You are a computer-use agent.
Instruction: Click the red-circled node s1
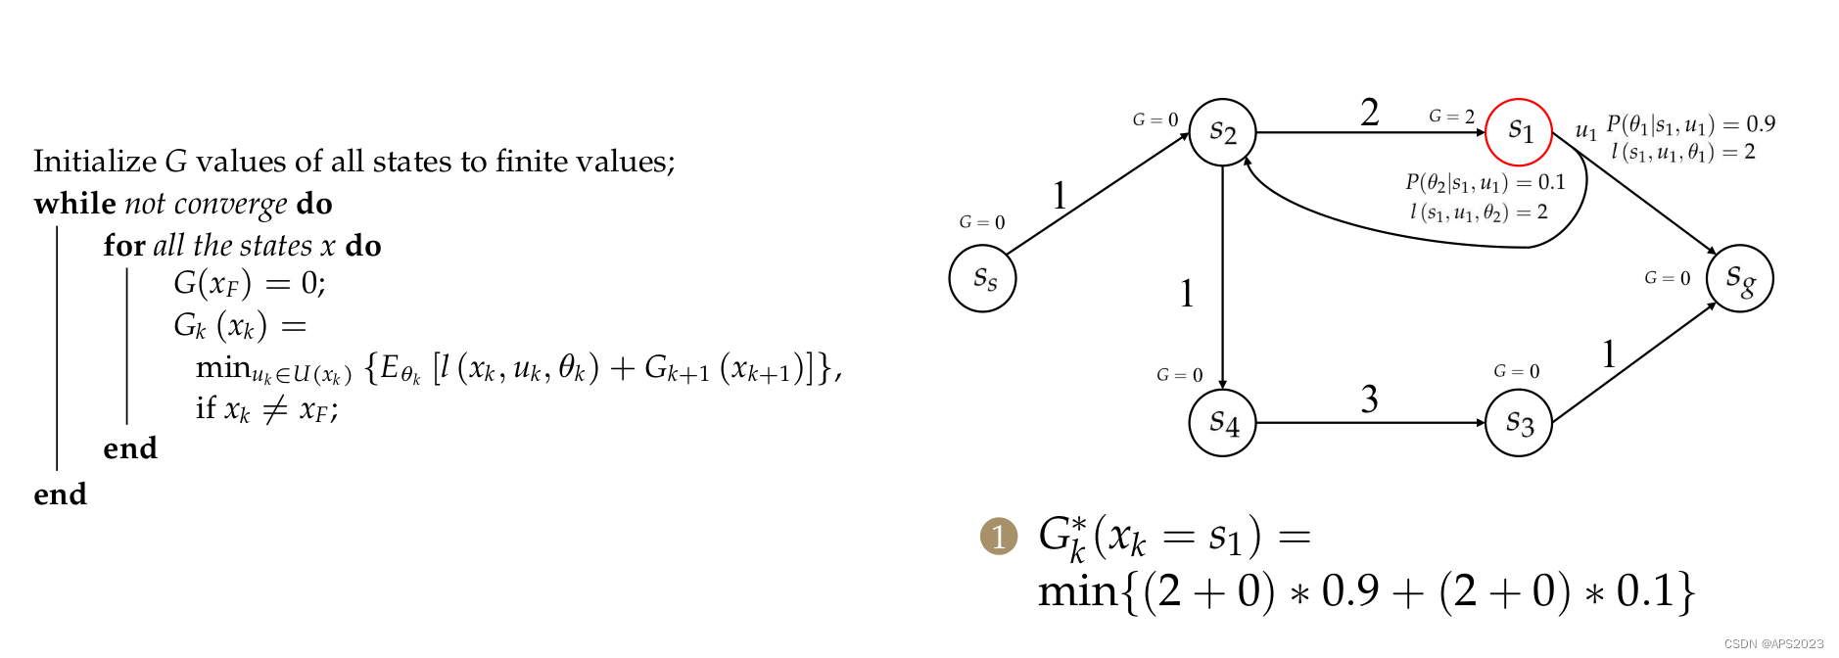tap(1518, 132)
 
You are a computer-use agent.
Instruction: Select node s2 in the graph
tap(1222, 132)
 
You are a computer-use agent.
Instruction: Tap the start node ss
tap(982, 279)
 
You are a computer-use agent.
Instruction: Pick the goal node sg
tap(1739, 279)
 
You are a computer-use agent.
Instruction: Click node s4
tap(1222, 423)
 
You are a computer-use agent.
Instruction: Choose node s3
tap(1518, 423)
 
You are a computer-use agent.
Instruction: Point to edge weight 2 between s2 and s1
tap(1369, 113)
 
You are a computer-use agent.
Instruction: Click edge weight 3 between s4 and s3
tap(1369, 399)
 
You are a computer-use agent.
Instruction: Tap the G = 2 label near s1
tap(1451, 117)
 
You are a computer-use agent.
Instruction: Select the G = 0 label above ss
tap(981, 222)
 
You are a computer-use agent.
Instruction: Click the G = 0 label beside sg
tap(1667, 278)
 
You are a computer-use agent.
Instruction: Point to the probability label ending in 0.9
tap(1690, 124)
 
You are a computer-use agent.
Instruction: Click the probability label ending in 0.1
tap(1485, 182)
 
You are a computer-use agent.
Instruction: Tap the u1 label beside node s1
tap(1585, 130)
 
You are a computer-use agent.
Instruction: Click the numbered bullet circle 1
tap(999, 537)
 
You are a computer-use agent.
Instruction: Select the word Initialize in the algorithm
tap(95, 162)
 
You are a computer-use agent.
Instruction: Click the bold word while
tap(74, 204)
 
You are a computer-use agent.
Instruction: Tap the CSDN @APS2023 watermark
tap(1773, 643)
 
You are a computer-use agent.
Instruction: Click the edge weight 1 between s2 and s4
tap(1187, 294)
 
